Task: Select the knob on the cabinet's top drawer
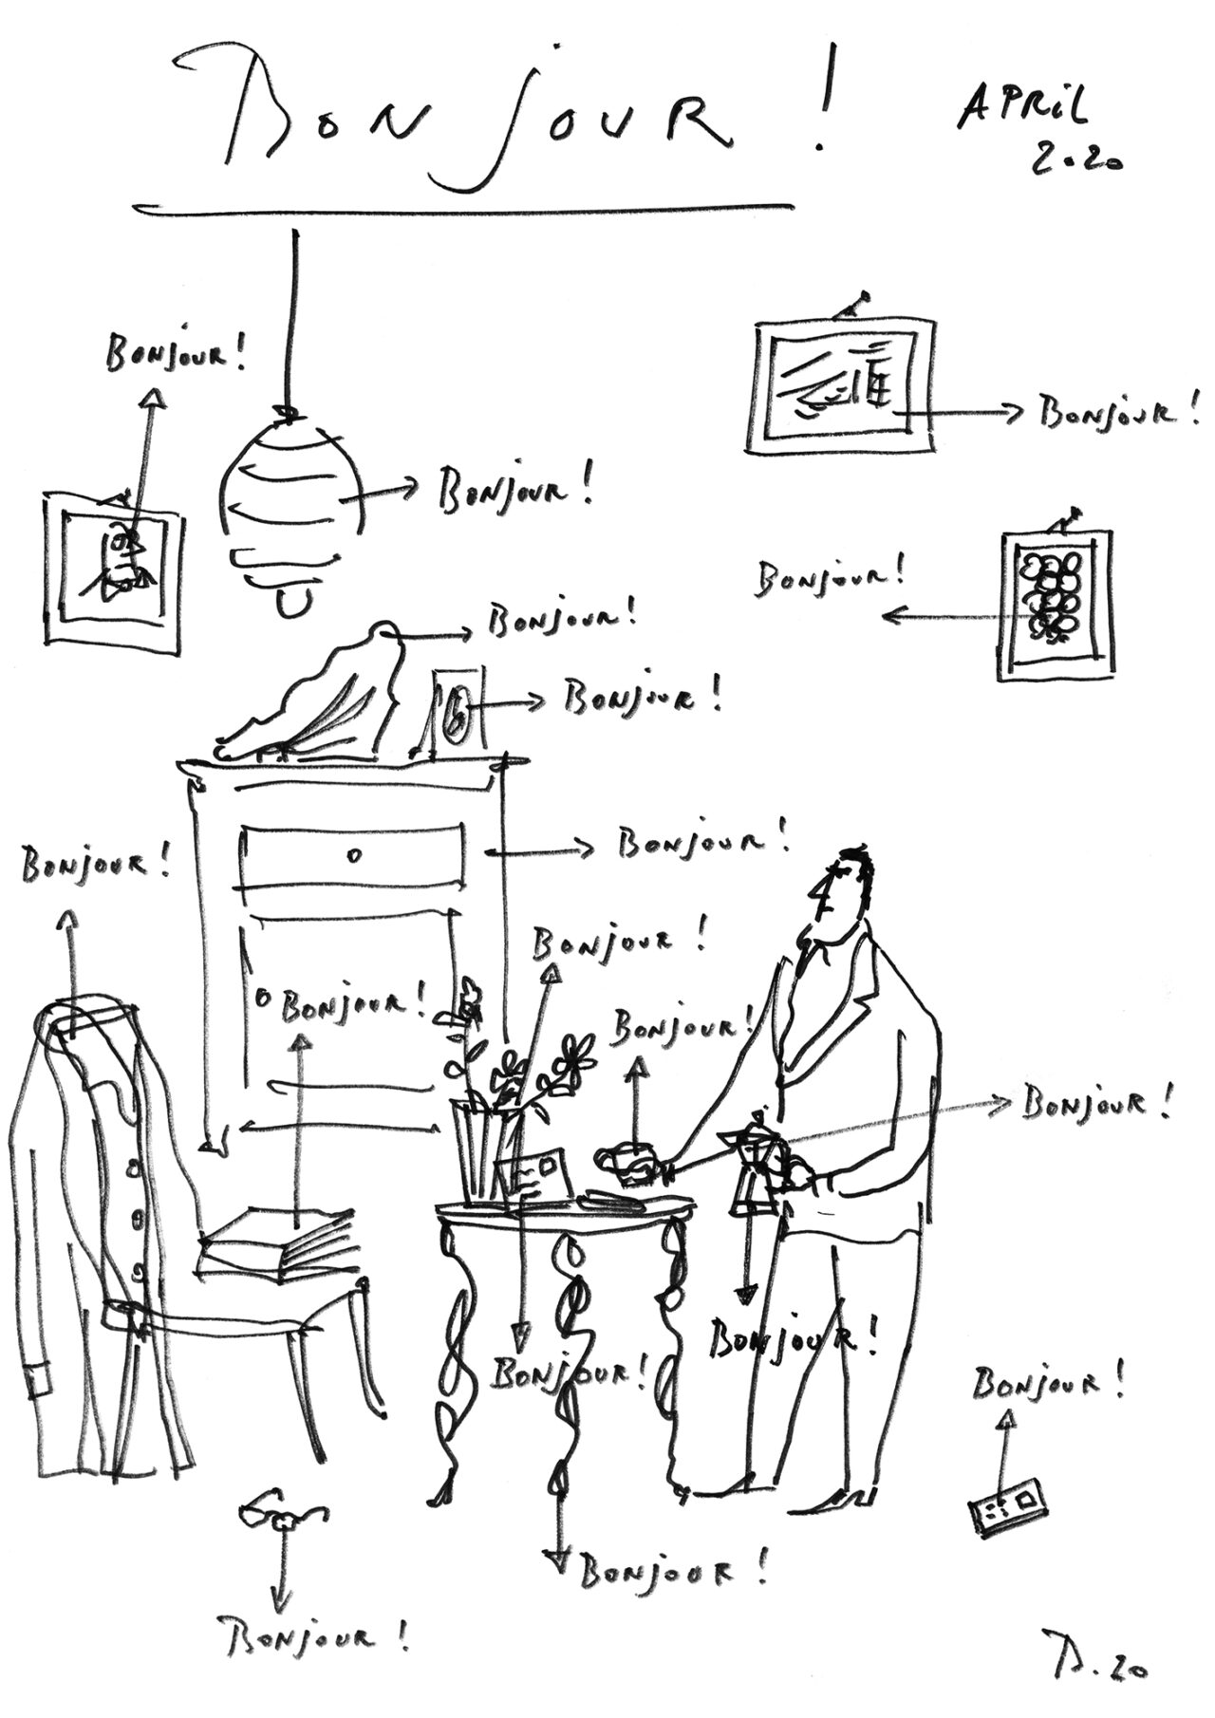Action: coord(354,855)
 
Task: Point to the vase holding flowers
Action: coord(486,1153)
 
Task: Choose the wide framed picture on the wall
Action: coord(843,387)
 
